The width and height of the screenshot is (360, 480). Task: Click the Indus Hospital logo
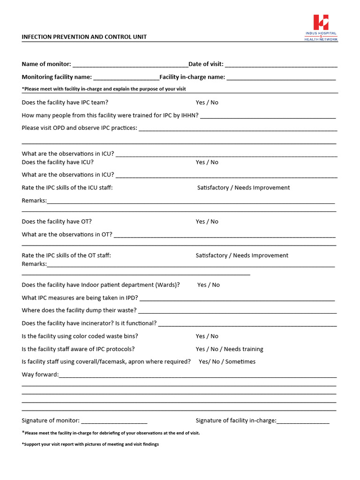(321, 27)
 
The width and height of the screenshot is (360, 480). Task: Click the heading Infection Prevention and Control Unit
(84, 37)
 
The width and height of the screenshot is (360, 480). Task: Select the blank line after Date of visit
(281, 64)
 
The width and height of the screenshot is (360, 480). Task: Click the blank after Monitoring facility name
(126, 77)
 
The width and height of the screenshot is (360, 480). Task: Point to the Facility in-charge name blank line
(281, 77)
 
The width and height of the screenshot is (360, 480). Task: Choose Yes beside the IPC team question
(201, 102)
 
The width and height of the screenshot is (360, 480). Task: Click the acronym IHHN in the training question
(190, 115)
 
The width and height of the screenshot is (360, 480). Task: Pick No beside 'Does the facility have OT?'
(214, 222)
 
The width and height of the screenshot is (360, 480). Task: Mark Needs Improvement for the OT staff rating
(261, 255)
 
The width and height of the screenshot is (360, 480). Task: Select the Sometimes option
(240, 362)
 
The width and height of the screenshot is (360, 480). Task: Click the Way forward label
(40, 375)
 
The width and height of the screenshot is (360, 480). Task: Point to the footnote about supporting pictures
(90, 444)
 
